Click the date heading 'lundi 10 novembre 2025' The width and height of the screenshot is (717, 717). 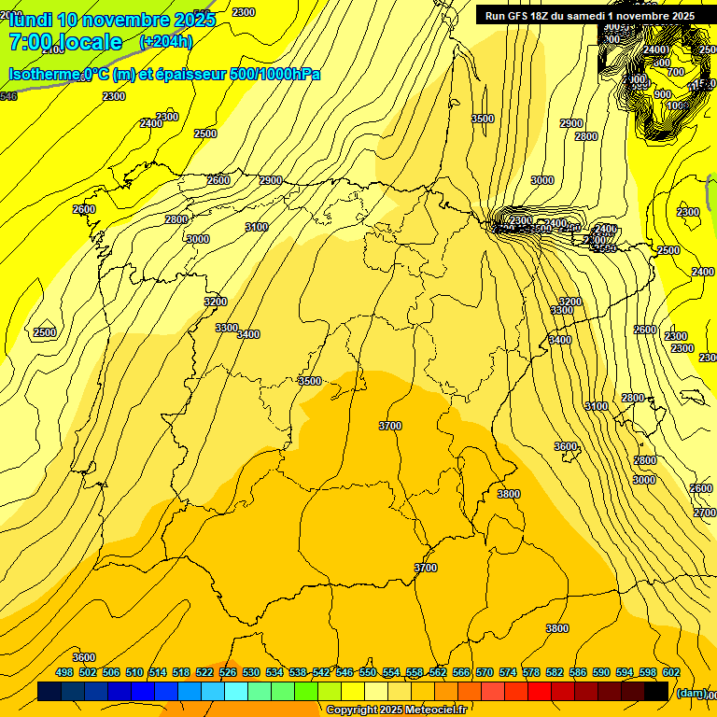tap(111, 20)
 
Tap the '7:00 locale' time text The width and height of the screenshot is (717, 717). tap(65, 42)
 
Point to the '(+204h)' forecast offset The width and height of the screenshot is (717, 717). tap(165, 42)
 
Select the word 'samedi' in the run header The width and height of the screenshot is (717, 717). tap(590, 16)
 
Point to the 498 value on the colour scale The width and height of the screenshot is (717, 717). tap(64, 673)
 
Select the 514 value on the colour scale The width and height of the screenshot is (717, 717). tap(158, 673)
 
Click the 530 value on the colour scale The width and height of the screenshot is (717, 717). tap(251, 673)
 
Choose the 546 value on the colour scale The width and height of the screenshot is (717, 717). tap(344, 673)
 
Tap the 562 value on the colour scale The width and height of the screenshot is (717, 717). tap(438, 673)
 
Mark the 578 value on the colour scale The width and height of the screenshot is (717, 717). tap(531, 673)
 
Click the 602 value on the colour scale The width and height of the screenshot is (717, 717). tap(671, 673)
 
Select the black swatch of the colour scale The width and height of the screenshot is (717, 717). tap(656, 692)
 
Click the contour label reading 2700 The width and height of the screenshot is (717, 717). tap(705, 513)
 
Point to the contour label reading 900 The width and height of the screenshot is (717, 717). tap(663, 94)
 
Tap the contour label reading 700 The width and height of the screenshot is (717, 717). tap(676, 72)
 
